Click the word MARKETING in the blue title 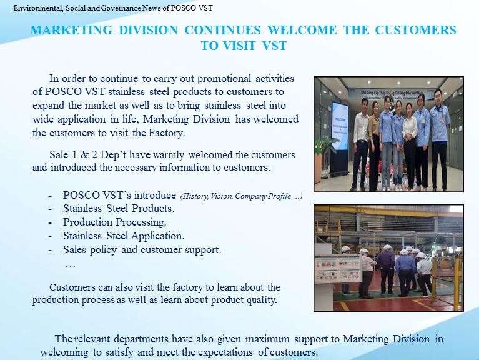coord(71,30)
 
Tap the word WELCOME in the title coord(302,30)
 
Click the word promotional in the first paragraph coord(224,79)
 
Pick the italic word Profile coord(280,196)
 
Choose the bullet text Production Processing coord(115,222)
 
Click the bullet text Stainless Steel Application coord(124,236)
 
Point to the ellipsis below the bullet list coord(71,265)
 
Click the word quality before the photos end coord(262,300)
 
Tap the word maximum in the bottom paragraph coord(267,339)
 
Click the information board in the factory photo coord(338,271)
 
